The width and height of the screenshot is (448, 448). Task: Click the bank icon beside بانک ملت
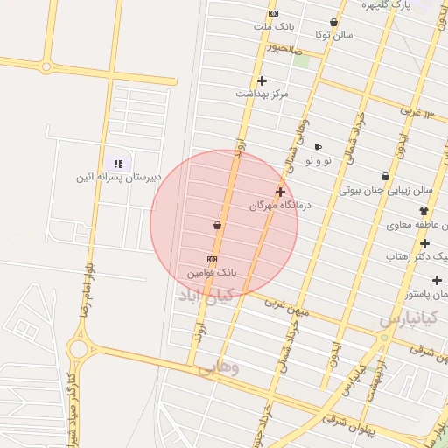(x=273, y=13)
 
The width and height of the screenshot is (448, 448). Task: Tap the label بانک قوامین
(x=212, y=273)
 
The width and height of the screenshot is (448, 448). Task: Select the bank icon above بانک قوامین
(x=212, y=259)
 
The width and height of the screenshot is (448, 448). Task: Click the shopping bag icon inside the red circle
(x=217, y=226)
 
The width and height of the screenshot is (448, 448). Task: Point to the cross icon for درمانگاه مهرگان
(x=280, y=192)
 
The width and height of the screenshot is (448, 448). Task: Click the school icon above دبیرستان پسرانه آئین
(x=117, y=163)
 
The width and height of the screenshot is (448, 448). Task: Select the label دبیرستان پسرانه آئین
(x=117, y=177)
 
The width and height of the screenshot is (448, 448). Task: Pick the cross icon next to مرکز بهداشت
(x=262, y=80)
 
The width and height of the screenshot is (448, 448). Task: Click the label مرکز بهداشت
(x=262, y=93)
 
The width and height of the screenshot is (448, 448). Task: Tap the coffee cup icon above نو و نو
(x=318, y=147)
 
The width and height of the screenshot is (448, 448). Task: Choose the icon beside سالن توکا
(x=333, y=23)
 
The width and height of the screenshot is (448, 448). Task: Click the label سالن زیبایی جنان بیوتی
(x=387, y=189)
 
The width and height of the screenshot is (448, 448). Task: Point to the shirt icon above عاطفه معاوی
(x=424, y=211)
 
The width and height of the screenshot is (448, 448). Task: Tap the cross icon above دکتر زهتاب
(x=425, y=244)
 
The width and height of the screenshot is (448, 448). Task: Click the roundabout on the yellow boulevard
(x=78, y=349)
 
